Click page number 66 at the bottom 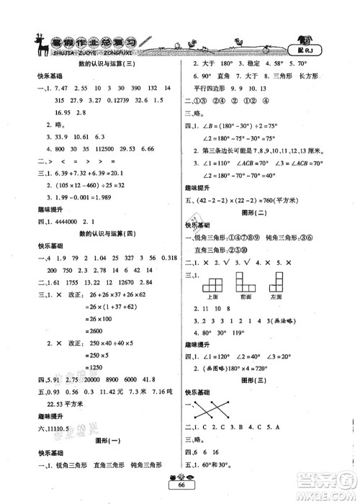[x=181, y=487]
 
